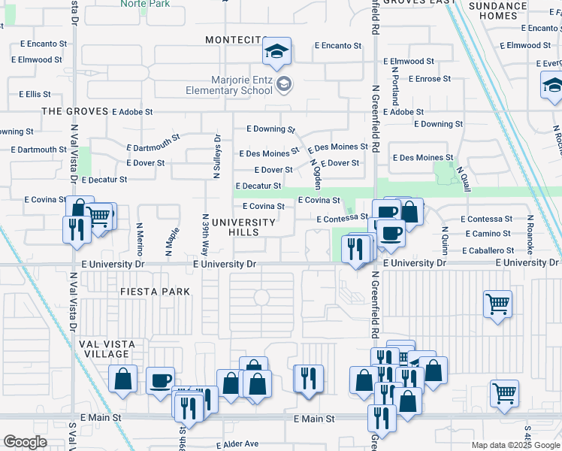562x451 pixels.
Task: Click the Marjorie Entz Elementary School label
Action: [x=229, y=84]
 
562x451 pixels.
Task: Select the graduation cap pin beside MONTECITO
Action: [x=276, y=52]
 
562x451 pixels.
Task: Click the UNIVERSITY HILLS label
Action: [x=243, y=227]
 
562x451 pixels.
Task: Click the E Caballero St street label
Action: [x=489, y=250]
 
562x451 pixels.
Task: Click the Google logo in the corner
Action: [x=25, y=442]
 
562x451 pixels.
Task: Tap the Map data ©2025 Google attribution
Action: [x=515, y=445]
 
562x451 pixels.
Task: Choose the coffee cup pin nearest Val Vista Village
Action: [x=159, y=380]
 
